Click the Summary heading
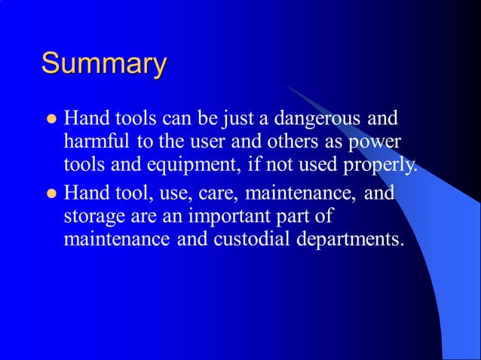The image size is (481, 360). pos(103,64)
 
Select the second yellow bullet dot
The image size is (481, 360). pos(52,194)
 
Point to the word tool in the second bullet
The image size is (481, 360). pos(125,194)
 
